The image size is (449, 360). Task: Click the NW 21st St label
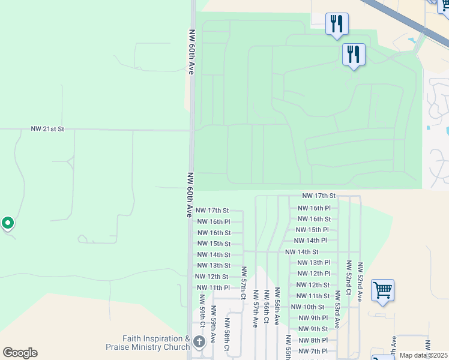point(47,129)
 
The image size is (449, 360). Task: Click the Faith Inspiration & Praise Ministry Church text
point(148,343)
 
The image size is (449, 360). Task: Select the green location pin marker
point(8,224)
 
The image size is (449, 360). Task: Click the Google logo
point(20,353)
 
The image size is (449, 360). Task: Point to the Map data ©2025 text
point(423,355)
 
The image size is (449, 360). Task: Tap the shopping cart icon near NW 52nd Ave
point(382,290)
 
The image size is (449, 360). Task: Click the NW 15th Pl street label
point(312,230)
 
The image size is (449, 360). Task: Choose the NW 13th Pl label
point(314,263)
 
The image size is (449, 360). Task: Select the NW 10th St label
point(307,307)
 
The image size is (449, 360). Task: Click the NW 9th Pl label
point(313,318)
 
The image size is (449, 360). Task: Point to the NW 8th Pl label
point(313,340)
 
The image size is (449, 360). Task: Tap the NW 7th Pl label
point(313,351)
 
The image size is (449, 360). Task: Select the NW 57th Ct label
point(244,283)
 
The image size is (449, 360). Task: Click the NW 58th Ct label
point(227,340)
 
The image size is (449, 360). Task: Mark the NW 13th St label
point(214,266)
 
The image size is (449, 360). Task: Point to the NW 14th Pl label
point(312,241)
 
